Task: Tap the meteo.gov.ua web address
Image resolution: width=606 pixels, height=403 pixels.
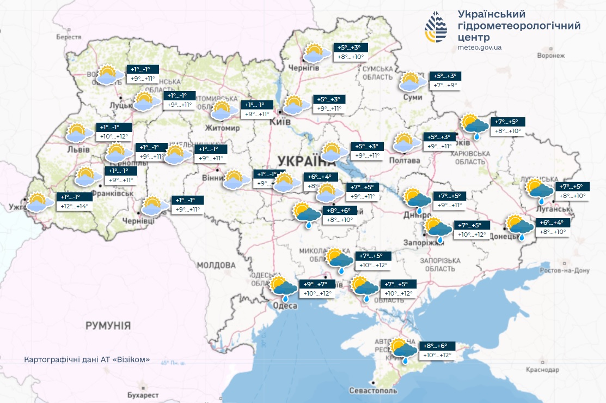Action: (480, 48)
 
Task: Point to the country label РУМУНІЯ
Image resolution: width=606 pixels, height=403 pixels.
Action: (108, 326)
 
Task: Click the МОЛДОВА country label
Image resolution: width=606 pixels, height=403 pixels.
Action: (216, 266)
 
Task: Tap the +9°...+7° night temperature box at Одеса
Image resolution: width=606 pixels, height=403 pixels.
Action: (316, 284)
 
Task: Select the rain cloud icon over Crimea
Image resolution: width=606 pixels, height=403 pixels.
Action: (403, 350)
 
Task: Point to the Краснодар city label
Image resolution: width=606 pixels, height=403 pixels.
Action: (543, 370)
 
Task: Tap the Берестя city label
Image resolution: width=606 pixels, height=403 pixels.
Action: (69, 37)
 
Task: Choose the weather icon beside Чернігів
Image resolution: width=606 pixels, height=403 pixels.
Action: (315, 53)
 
